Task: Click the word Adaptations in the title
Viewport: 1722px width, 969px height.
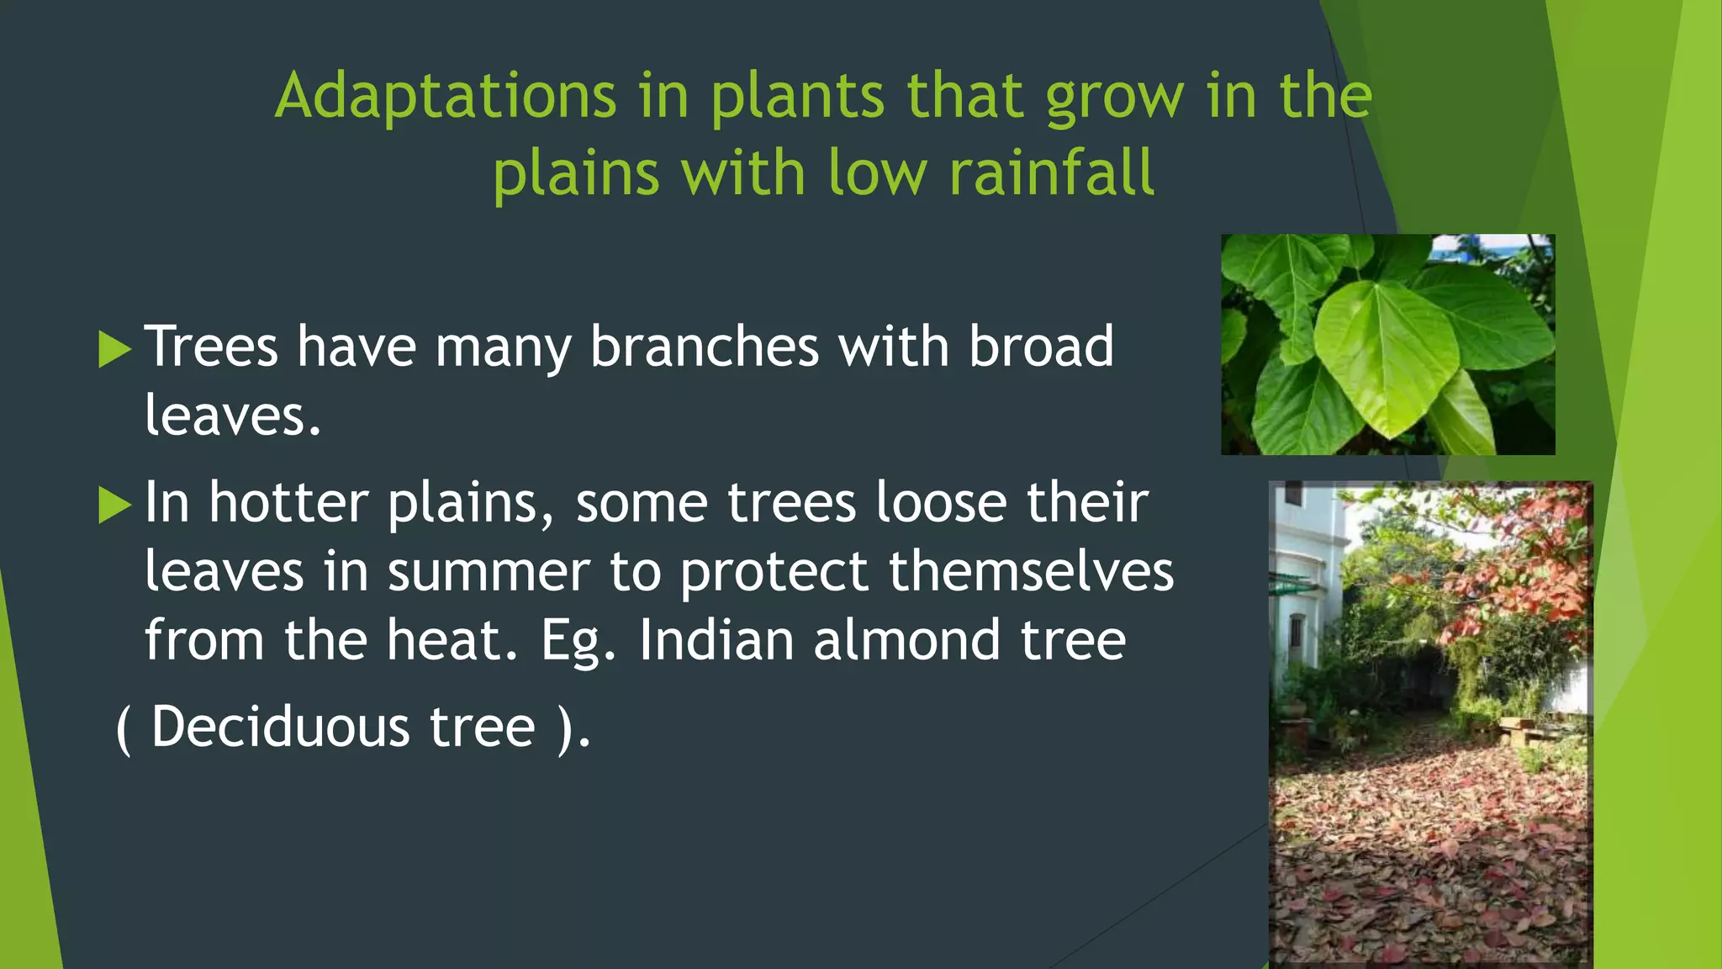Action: [x=446, y=97]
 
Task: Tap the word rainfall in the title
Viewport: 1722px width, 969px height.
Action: [x=1051, y=173]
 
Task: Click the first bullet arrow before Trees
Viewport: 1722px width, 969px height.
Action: [x=114, y=349]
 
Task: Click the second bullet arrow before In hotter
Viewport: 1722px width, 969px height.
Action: [x=114, y=505]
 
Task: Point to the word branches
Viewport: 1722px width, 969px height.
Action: [x=704, y=347]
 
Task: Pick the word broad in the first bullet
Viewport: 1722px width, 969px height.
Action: [x=1041, y=347]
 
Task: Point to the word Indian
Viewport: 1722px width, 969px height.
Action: [x=716, y=641]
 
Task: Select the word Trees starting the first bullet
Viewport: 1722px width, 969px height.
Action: [x=211, y=347]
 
